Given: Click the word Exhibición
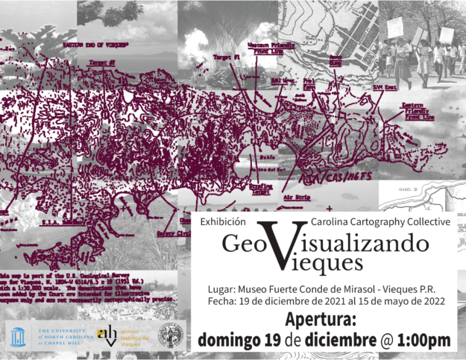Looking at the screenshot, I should pyautogui.click(x=222, y=221).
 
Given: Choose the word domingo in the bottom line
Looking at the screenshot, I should pyautogui.click(x=232, y=340).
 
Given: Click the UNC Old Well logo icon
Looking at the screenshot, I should pyautogui.click(x=19, y=335).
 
